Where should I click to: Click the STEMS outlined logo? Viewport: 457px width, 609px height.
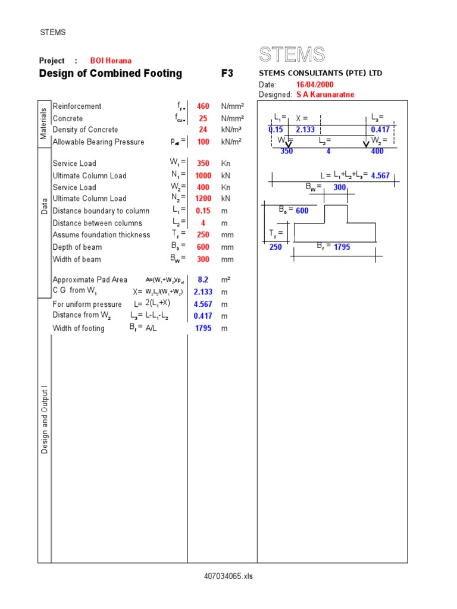pos(292,55)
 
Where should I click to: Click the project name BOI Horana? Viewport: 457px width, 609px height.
pos(111,61)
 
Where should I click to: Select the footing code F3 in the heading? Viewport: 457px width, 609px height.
pos(227,74)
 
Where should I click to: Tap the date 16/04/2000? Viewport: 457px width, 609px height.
pos(315,85)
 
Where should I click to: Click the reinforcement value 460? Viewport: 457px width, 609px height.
pos(203,106)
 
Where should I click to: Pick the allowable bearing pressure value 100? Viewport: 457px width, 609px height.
pos(204,142)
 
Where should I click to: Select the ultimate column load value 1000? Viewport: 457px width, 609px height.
pos(203,175)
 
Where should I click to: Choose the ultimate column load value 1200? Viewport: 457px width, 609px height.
pos(203,199)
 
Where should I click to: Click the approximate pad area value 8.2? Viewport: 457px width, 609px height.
pos(204,280)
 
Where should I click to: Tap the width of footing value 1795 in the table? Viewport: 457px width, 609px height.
pos(203,328)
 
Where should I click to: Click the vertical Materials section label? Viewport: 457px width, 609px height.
pos(44,124)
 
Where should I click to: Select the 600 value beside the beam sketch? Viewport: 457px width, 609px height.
pos(302,211)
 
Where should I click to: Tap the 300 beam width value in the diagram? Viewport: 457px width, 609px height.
pos(340,187)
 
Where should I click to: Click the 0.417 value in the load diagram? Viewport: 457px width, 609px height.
pos(380,129)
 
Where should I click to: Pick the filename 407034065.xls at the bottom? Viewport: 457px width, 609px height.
pos(228,576)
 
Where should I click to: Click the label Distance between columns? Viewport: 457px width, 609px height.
pos(98,223)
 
